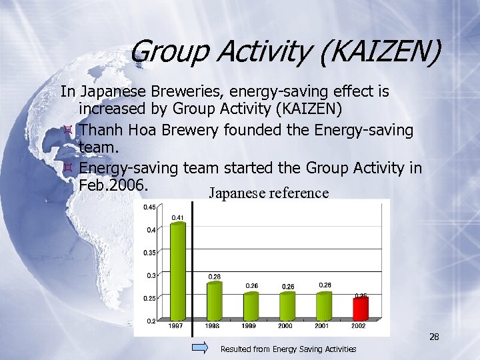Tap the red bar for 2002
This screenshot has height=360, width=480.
tap(361, 307)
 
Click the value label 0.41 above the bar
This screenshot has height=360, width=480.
tap(178, 217)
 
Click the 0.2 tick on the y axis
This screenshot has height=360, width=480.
tap(151, 321)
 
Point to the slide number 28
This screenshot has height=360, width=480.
tap(434, 337)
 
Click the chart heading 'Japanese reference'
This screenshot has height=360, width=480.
tap(269, 193)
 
